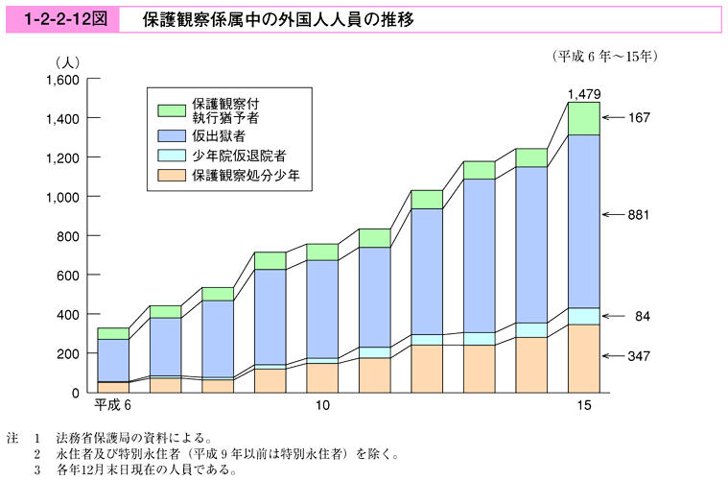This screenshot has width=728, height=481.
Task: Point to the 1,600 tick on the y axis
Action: click(x=59, y=80)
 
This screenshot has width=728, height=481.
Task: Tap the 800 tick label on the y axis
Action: click(x=67, y=236)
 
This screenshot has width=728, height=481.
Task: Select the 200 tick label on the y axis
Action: click(x=67, y=354)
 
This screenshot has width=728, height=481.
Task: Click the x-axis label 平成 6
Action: click(x=112, y=407)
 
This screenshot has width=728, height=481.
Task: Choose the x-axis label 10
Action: click(x=322, y=407)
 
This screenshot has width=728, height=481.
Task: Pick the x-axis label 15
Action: click(x=583, y=407)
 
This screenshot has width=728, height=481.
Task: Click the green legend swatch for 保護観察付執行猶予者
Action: click(x=171, y=109)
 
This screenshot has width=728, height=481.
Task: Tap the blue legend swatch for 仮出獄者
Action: click(x=171, y=135)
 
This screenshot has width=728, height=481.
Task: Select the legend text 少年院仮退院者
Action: click(x=239, y=155)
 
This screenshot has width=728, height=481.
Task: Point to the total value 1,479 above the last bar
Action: click(x=583, y=93)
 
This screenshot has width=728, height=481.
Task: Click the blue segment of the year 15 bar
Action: click(x=583, y=221)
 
